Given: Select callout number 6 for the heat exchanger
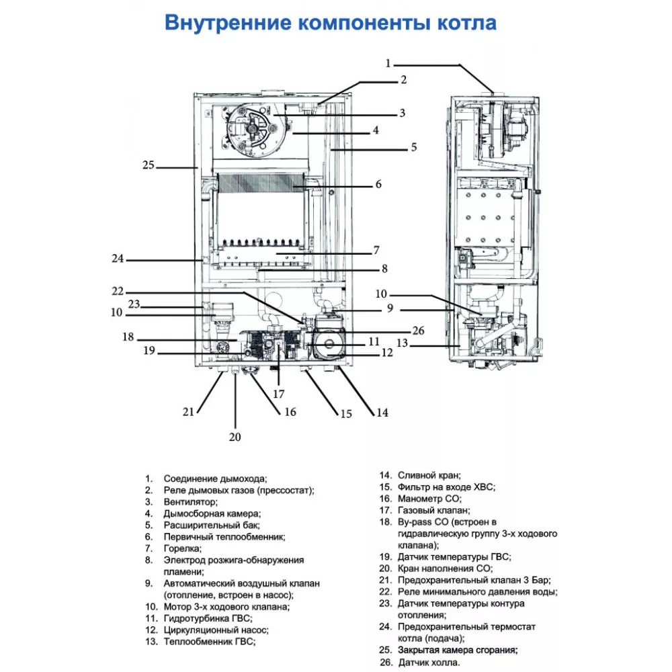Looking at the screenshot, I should coord(378,183).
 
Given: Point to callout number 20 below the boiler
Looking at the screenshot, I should coord(235,437).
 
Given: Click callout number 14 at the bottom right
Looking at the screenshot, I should coord(382,413).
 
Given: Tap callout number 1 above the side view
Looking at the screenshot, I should coord(388,63).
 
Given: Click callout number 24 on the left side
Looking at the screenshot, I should coord(118,258).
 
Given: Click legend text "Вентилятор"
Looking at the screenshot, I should coord(190,502).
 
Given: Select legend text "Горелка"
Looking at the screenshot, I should coord(181,548).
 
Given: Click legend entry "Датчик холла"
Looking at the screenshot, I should coord(429,663).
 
